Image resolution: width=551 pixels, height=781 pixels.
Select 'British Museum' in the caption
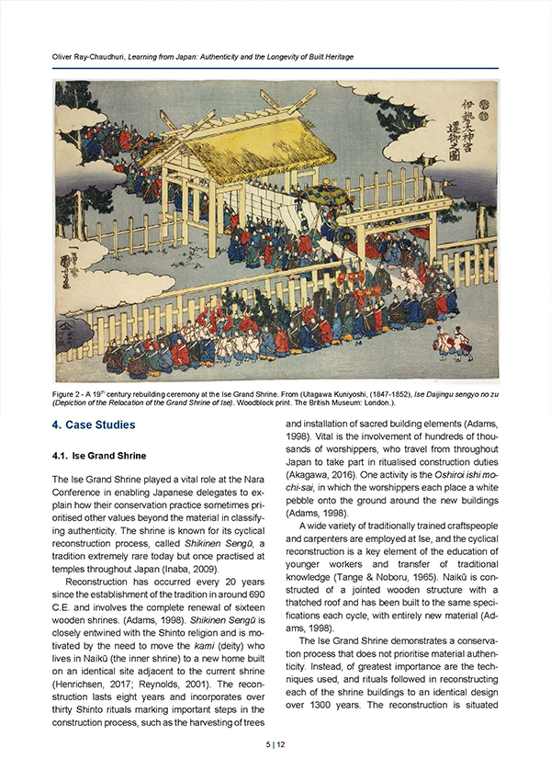[418, 404]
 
